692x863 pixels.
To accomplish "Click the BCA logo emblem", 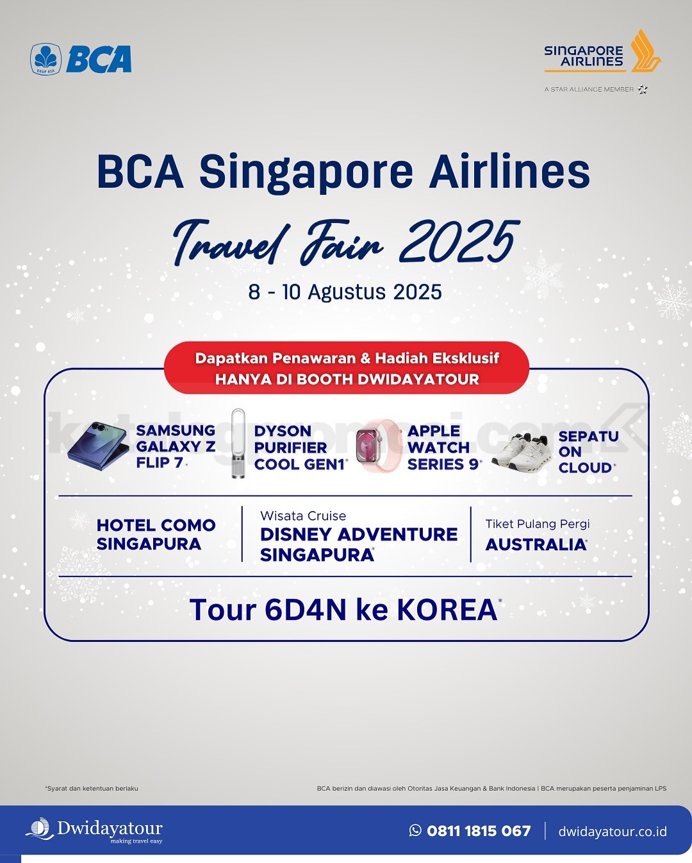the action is [46, 59].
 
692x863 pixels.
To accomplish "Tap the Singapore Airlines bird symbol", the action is [645, 51].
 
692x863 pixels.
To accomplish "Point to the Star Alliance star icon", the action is [643, 89].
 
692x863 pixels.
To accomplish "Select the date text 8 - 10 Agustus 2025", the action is [345, 292].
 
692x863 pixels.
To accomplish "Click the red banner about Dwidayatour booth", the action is [347, 368].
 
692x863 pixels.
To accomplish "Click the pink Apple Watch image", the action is [378, 446].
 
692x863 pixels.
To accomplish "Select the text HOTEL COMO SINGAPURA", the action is [156, 535].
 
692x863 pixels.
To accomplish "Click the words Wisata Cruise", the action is [303, 515].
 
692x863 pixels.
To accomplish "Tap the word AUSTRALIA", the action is [536, 544].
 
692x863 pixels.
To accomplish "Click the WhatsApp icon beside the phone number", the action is [415, 830].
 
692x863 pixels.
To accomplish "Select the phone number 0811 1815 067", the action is [479, 830].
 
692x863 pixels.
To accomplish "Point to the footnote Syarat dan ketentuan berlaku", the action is [92, 788].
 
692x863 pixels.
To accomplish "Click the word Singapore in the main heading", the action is [306, 172].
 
